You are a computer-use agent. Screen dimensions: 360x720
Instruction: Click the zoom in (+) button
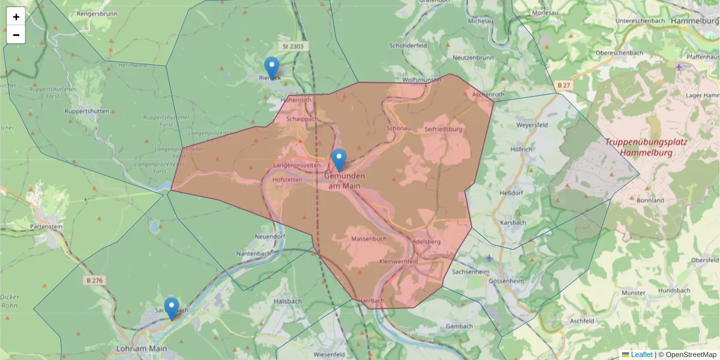pyautogui.click(x=16, y=17)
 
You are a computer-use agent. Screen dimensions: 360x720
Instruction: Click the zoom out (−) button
pyautogui.click(x=16, y=35)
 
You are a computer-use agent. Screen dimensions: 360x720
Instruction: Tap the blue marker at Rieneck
pyautogui.click(x=272, y=68)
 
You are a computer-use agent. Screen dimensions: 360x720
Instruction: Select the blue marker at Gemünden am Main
pyautogui.click(x=339, y=160)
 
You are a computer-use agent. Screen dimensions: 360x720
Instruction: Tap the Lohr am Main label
pyautogui.click(x=140, y=348)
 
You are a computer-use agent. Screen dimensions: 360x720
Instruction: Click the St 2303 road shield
pyautogui.click(x=293, y=46)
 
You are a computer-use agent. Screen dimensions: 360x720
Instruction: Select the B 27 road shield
pyautogui.click(x=563, y=86)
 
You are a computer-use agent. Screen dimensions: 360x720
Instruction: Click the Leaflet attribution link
pyautogui.click(x=641, y=355)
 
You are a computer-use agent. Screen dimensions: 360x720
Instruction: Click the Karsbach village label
pyautogui.click(x=513, y=223)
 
